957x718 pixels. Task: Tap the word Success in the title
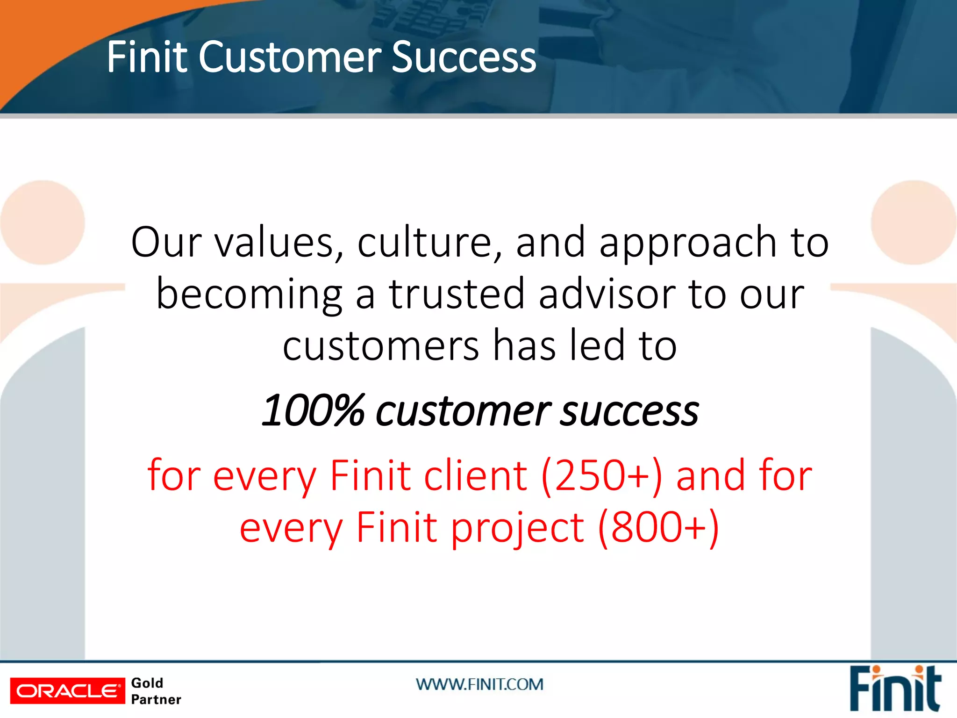464,57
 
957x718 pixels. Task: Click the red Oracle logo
68,690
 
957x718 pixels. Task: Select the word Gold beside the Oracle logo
147,683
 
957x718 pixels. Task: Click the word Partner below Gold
156,700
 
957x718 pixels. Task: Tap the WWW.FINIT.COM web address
479,684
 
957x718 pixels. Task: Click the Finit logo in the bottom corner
894,689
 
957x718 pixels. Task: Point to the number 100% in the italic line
313,411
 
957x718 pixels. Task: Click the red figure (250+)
601,475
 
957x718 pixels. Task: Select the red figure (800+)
658,527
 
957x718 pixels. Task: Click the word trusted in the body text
457,294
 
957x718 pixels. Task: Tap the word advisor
607,294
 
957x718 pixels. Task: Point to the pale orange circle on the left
43,223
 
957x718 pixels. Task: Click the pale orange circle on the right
913,223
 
